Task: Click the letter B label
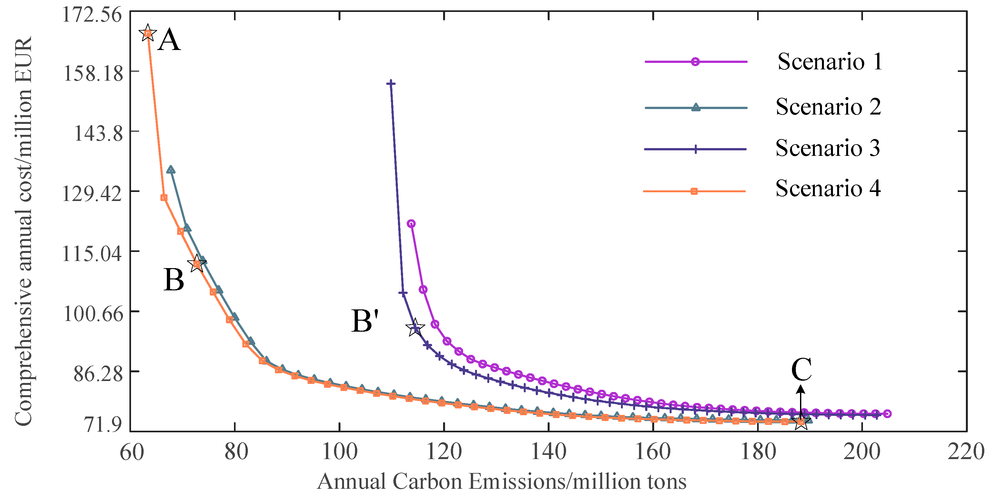tap(174, 280)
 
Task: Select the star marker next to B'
tap(415, 328)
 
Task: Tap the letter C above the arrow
tap(801, 369)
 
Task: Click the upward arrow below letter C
tap(801, 401)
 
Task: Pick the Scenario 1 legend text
tap(830, 62)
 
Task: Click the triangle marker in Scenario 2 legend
tap(696, 107)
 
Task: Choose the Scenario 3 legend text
tap(828, 148)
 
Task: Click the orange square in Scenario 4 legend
tap(694, 192)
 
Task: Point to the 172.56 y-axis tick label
tap(87, 15)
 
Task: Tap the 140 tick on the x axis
tap(549, 452)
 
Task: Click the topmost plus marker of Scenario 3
tap(391, 83)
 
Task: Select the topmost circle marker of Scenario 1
tap(411, 224)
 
